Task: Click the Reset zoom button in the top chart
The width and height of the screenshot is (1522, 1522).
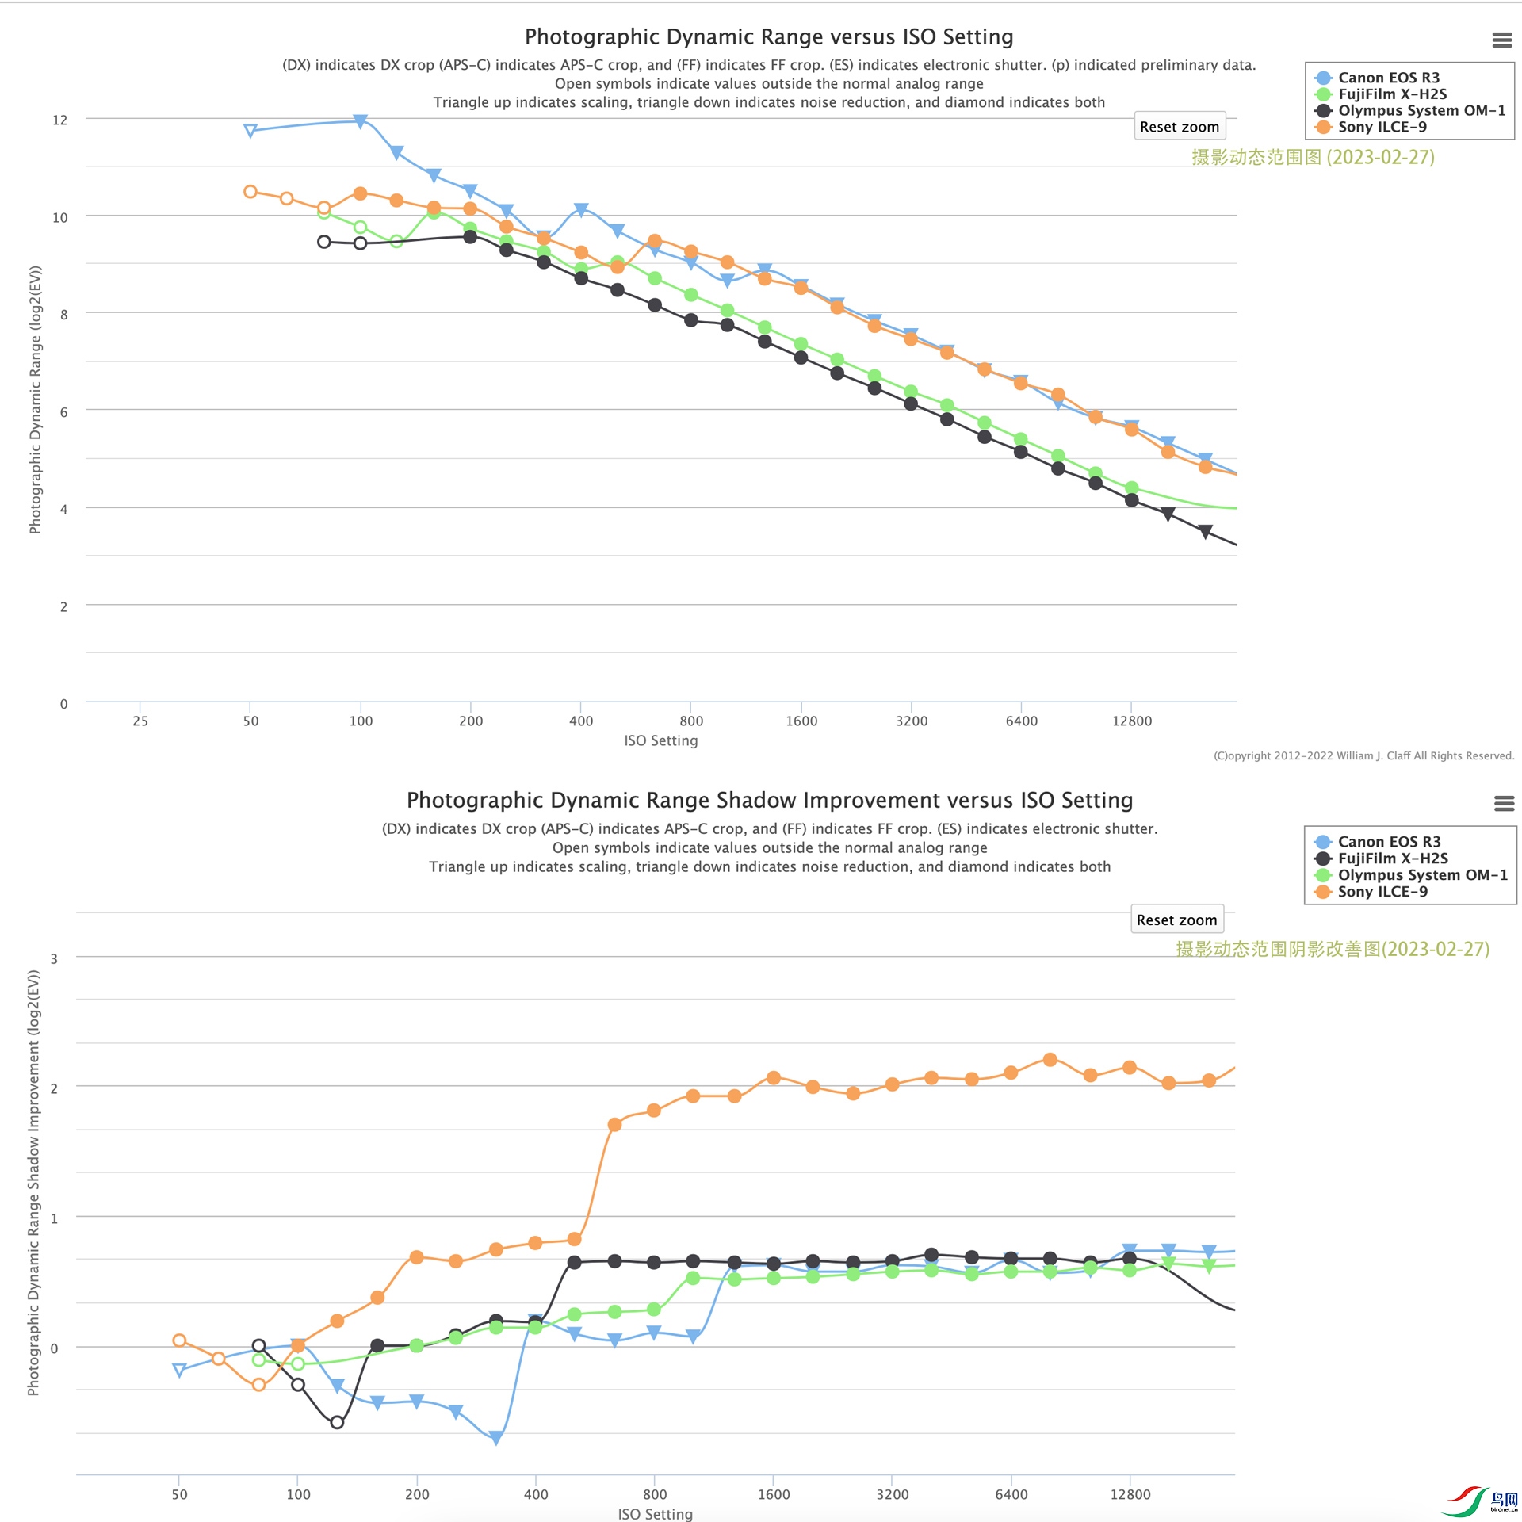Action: (1179, 127)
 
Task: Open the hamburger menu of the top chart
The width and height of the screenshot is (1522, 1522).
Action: (1501, 40)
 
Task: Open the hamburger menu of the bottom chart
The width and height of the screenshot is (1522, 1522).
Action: (1504, 803)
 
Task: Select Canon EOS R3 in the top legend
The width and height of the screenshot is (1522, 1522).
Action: (1388, 78)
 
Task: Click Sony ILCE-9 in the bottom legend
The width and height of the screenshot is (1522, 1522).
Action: (1382, 892)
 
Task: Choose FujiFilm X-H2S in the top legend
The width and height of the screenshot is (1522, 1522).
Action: (1392, 94)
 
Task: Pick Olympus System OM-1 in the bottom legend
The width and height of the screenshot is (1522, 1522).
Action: (1422, 875)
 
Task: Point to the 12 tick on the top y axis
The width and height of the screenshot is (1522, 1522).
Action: (59, 120)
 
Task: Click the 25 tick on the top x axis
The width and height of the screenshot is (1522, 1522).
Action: (140, 721)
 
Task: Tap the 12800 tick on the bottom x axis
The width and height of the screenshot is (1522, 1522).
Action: (1130, 1494)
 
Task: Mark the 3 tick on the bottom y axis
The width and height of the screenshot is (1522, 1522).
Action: (54, 958)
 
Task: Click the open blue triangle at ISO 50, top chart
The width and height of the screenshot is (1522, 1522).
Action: (250, 131)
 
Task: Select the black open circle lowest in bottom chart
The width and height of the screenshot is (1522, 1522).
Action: (337, 1422)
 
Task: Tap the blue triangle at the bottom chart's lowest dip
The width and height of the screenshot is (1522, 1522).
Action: (496, 1438)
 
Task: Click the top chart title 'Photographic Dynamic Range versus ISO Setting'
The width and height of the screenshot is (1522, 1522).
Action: (769, 37)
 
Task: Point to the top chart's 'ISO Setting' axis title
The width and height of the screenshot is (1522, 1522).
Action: (660, 740)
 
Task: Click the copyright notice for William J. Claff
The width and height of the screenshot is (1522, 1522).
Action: (1363, 755)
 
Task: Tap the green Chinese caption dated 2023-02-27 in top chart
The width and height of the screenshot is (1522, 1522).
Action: (1313, 157)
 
